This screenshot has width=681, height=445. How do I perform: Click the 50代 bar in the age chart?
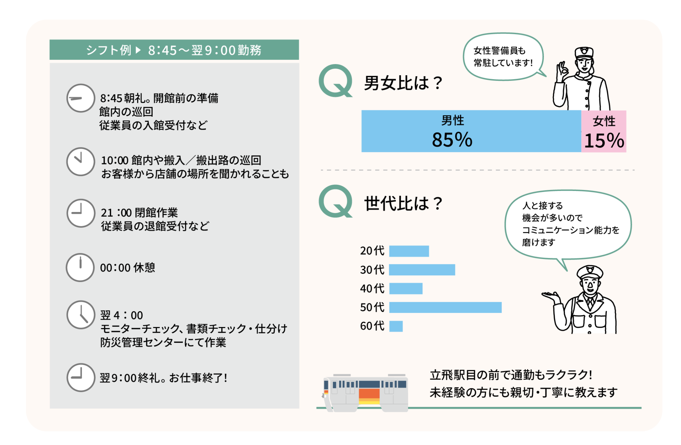click(445, 307)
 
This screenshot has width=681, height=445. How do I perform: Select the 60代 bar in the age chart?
click(396, 326)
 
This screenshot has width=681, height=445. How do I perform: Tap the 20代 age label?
click(372, 251)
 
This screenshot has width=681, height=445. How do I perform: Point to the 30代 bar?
click(422, 270)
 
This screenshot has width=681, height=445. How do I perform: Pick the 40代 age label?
click(372, 288)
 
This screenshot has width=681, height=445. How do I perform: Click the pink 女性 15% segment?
click(604, 131)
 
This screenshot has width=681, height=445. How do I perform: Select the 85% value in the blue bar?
click(452, 140)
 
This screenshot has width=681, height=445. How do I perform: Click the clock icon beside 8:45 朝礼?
click(80, 98)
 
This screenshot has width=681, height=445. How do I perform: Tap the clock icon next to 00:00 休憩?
click(80, 267)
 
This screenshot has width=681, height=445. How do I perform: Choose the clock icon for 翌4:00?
click(81, 315)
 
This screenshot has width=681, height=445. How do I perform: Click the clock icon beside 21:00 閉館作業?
click(81, 213)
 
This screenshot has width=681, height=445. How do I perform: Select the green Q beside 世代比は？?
click(336, 201)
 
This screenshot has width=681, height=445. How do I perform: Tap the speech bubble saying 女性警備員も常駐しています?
click(503, 57)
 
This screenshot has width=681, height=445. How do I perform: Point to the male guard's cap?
click(590, 271)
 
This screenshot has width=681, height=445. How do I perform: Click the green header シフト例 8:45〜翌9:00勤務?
click(174, 50)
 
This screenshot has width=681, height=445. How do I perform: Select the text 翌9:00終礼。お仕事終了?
click(164, 378)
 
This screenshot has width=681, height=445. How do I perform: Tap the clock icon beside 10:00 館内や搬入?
click(80, 162)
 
